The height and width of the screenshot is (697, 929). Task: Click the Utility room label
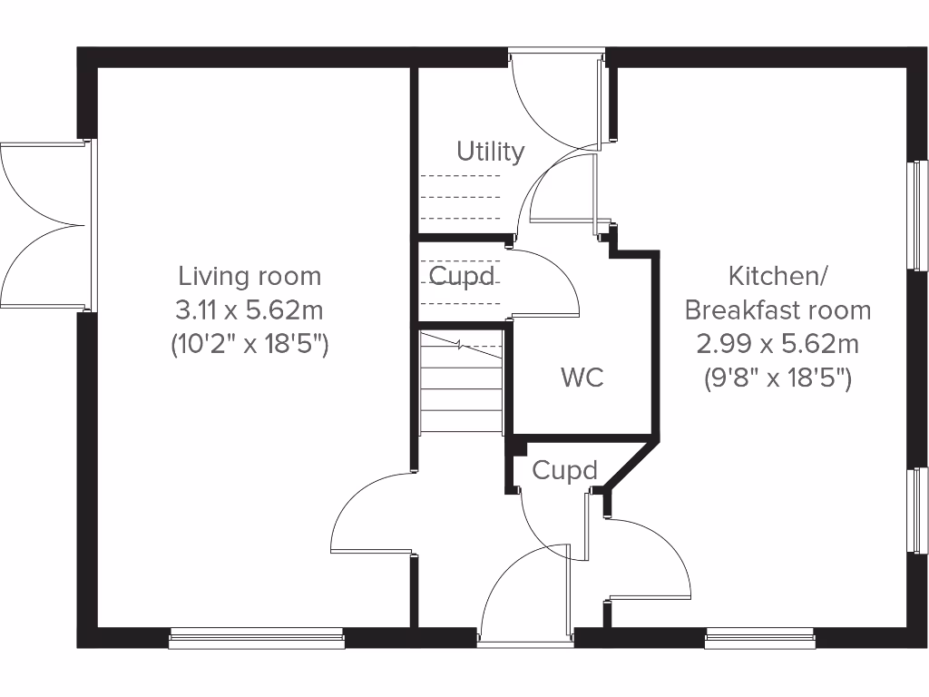[490, 151]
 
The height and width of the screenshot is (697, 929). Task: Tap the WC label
[582, 378]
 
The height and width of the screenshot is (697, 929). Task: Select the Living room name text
[249, 275]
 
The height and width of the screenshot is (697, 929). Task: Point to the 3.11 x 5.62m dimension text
[249, 310]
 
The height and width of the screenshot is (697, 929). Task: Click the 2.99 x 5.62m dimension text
[777, 344]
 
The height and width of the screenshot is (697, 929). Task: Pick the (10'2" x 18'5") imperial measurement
[249, 345]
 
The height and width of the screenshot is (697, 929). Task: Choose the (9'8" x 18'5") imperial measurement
[777, 378]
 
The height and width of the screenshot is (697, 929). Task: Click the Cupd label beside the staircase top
[462, 275]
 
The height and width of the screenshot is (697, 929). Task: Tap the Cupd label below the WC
[564, 470]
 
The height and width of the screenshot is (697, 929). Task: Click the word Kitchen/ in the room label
[777, 275]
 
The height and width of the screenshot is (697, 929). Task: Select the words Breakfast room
[777, 310]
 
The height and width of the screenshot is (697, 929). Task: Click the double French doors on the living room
[44, 225]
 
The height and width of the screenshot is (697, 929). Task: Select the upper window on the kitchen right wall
[919, 214]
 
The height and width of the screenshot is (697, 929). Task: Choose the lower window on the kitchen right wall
[919, 509]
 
